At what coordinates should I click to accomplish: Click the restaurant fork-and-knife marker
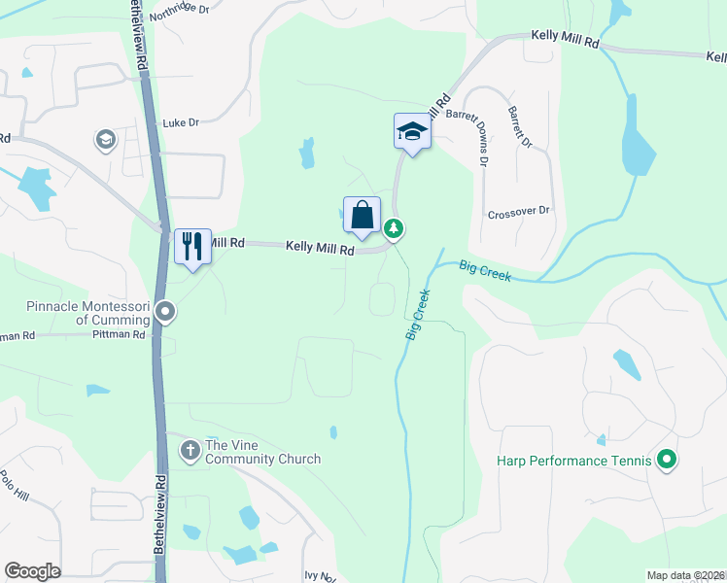pos(191,246)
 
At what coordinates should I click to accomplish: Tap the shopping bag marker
pos(362,215)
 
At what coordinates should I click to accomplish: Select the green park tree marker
pos(394,229)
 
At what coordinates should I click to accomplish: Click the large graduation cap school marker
pos(411,131)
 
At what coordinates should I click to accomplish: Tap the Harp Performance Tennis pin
pos(666,460)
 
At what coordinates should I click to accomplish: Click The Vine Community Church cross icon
pos(190,448)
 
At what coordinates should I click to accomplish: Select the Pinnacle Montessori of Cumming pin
pos(165,312)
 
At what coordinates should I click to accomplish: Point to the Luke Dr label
pos(180,123)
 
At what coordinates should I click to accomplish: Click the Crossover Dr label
pos(518,211)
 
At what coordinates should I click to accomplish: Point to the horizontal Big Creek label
pos(485,272)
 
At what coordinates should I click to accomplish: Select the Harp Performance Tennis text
pos(572,461)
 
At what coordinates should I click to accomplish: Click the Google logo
pos(33,571)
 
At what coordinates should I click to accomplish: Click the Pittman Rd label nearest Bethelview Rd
pos(119,334)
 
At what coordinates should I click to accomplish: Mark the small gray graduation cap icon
pos(104,141)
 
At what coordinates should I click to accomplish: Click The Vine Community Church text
pos(262,453)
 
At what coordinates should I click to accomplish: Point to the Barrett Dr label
pos(520,127)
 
